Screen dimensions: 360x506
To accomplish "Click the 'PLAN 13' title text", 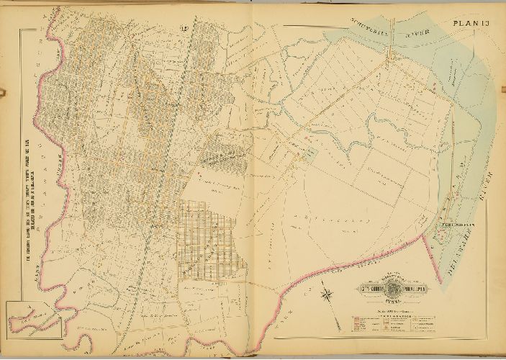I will tap(472, 27).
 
